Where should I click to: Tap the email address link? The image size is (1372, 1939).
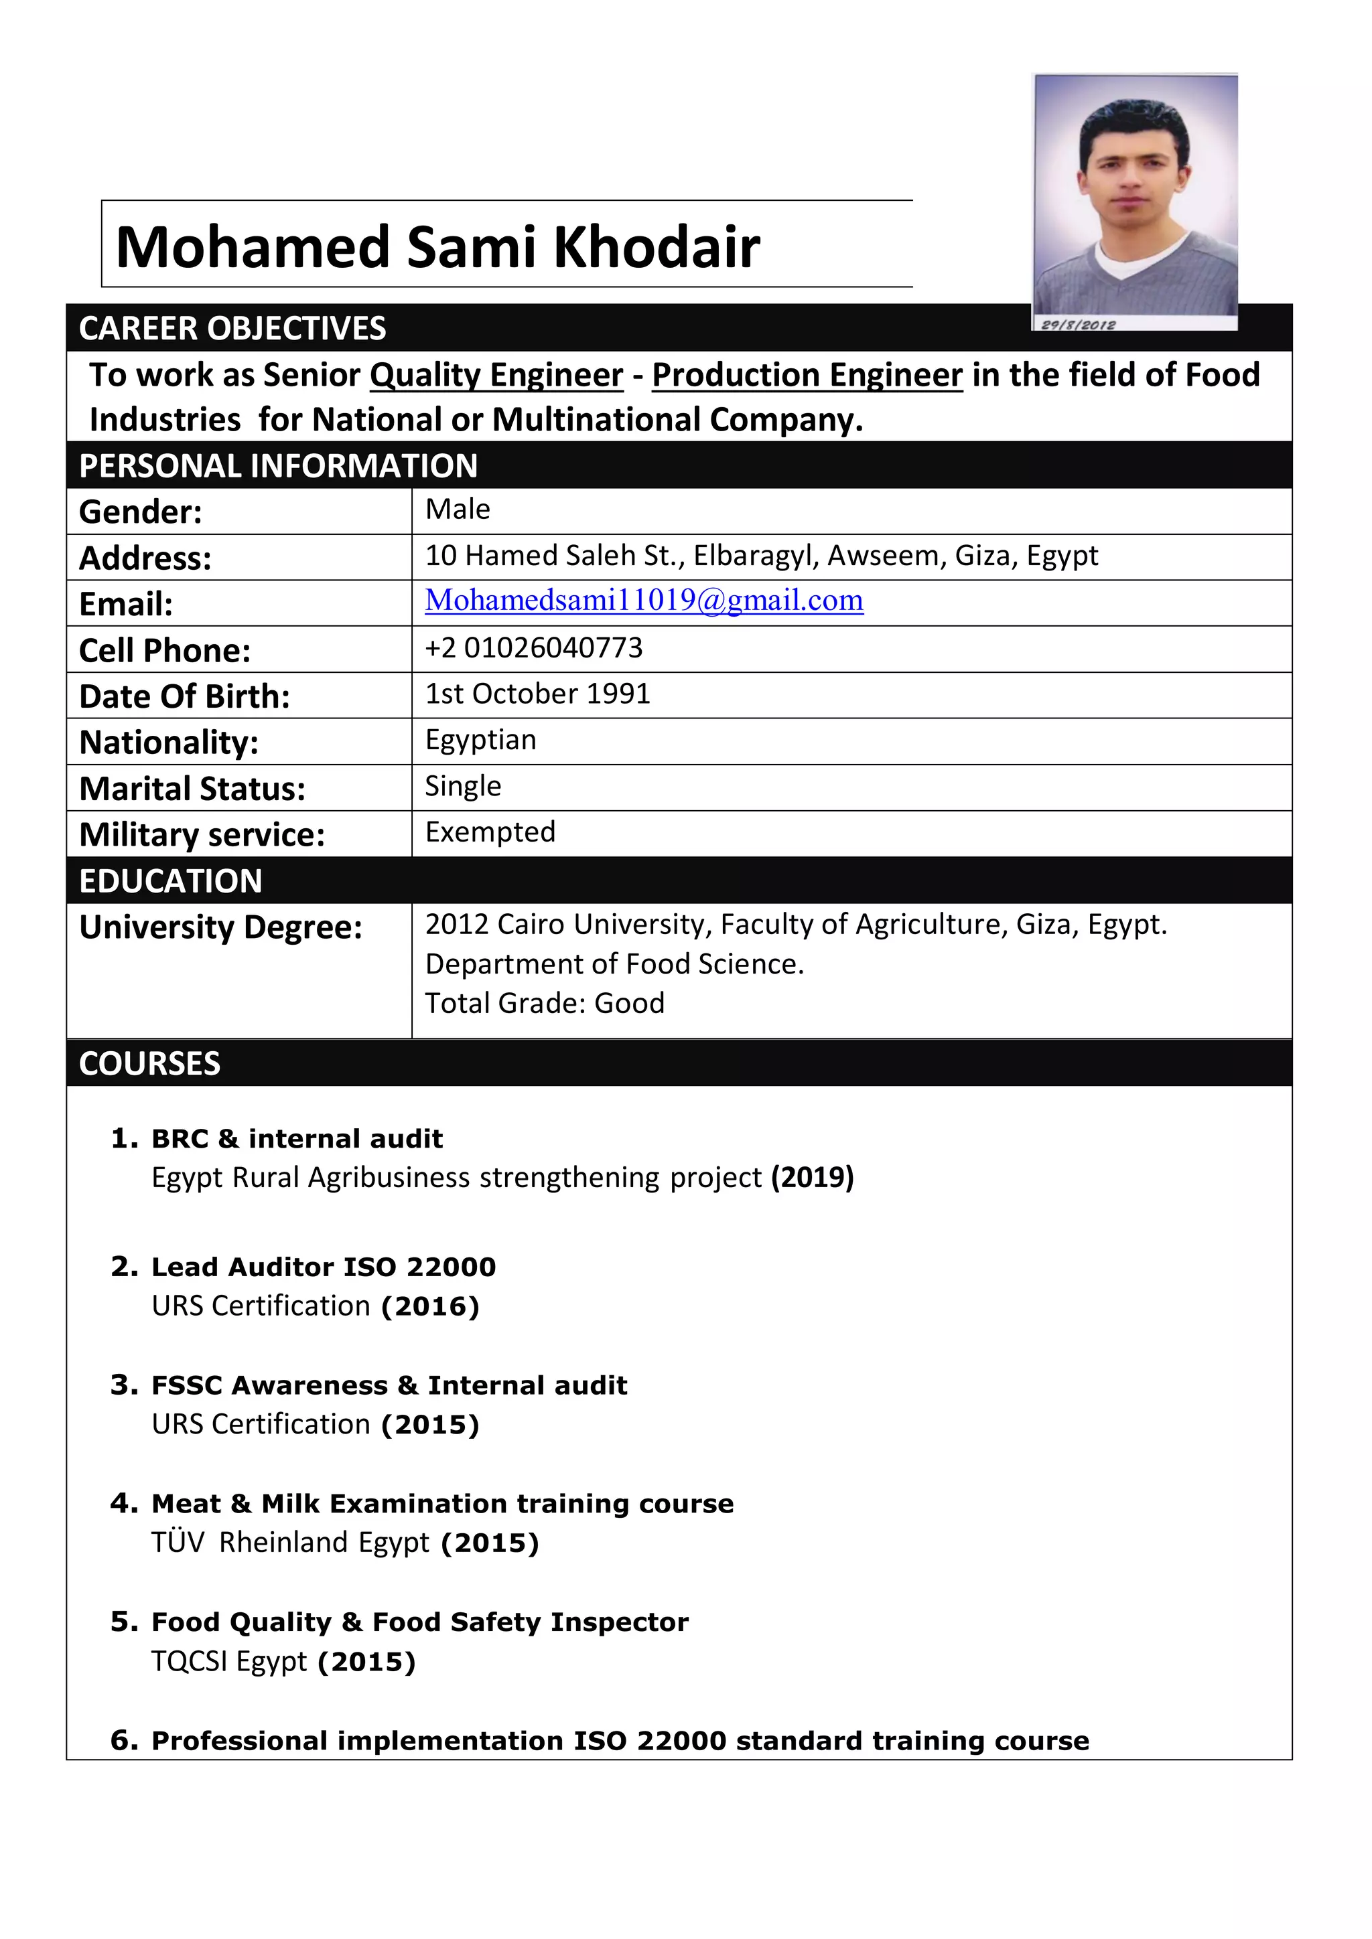pyautogui.click(x=644, y=601)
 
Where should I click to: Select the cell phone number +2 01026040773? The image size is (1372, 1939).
pyautogui.click(x=533, y=647)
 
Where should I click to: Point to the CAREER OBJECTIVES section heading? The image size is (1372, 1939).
pyautogui.click(x=232, y=329)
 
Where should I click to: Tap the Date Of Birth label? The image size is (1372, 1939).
pyautogui.click(x=184, y=697)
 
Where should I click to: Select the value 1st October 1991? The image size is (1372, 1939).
pyautogui.click(x=537, y=694)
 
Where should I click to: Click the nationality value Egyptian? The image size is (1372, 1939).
pyautogui.click(x=480, y=740)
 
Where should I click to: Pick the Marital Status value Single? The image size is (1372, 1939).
pyautogui.click(x=462, y=786)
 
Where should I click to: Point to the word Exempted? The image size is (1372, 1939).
pyautogui.click(x=490, y=832)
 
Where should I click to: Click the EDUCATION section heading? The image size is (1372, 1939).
pyautogui.click(x=171, y=881)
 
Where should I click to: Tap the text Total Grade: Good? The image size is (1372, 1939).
pyautogui.click(x=544, y=1003)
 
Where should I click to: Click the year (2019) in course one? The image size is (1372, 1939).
pyautogui.click(x=812, y=1177)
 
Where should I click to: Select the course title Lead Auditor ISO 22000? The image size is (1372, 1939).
pyautogui.click(x=324, y=1267)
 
